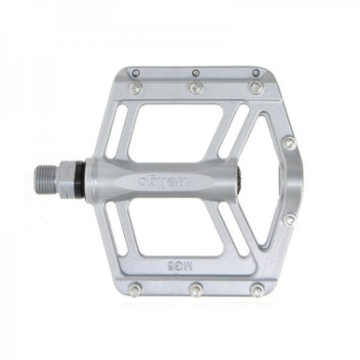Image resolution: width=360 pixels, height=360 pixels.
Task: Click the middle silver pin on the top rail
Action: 195,87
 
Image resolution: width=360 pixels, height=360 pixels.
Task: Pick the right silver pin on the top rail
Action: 253,87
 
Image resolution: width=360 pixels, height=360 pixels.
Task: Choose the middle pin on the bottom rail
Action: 196,289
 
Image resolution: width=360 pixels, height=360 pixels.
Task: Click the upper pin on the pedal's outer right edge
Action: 289,143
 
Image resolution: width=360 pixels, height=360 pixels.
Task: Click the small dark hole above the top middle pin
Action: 196,72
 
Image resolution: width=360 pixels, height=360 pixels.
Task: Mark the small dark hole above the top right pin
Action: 254,72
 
